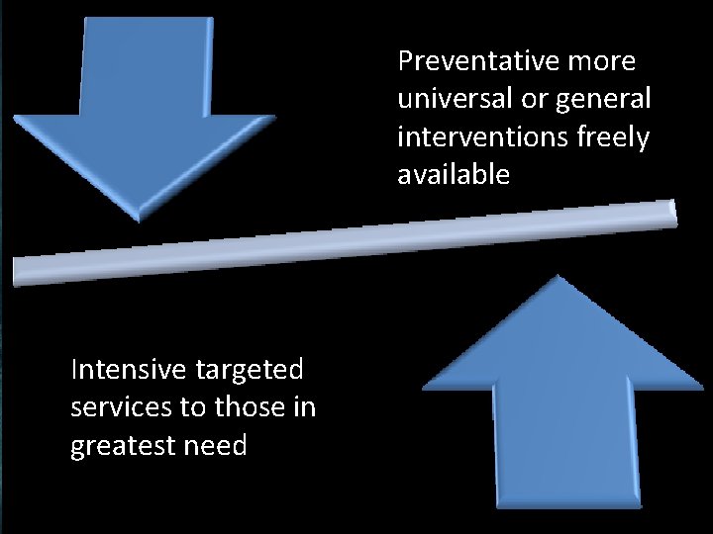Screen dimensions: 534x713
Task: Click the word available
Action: pyautogui.click(x=454, y=175)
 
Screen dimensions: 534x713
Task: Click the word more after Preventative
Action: pyautogui.click(x=602, y=61)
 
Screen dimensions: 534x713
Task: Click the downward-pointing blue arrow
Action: pyautogui.click(x=145, y=109)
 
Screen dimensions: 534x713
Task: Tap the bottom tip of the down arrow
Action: pyautogui.click(x=142, y=219)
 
